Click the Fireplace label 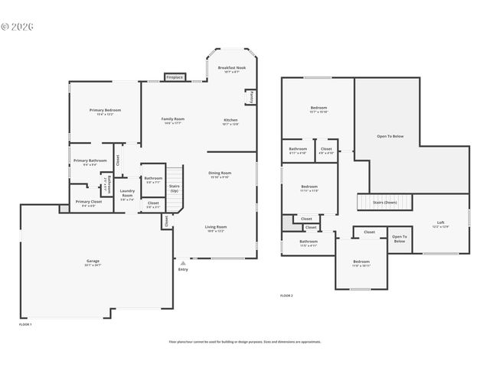pos(175,77)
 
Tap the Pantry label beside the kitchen pos(250,97)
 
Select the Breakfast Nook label pos(230,68)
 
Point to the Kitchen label pos(230,120)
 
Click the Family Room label pos(172,119)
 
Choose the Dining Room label pos(220,173)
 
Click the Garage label pos(93,261)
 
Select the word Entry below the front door pos(182,269)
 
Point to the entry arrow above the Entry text pos(182,262)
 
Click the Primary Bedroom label pos(105,110)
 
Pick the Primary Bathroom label pos(90,161)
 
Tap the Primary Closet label pos(84,202)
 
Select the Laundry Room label pos(127,193)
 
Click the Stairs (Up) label pos(174,187)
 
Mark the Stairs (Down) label pos(384,202)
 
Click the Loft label pos(439,222)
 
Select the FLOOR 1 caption pos(25,324)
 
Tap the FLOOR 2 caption pos(286,295)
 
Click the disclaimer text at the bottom pos(245,343)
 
